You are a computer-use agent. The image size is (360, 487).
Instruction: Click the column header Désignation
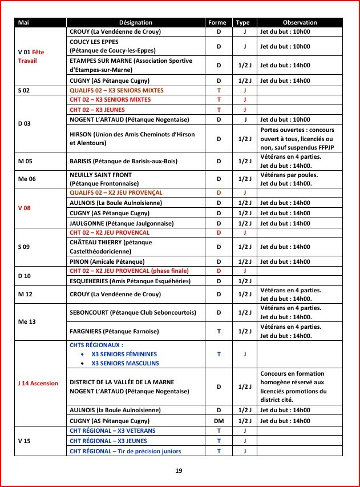(x=136, y=22)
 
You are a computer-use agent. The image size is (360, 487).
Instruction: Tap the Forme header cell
(x=218, y=22)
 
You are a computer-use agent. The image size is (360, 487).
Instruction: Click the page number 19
(x=180, y=470)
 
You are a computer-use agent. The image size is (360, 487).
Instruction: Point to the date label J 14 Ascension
(x=38, y=383)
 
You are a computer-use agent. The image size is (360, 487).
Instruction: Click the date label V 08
(x=25, y=208)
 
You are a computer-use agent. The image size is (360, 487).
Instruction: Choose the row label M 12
(x=25, y=294)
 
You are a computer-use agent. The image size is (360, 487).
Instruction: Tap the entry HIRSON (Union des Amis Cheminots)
(x=132, y=138)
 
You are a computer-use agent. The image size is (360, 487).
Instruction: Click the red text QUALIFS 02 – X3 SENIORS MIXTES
(x=116, y=90)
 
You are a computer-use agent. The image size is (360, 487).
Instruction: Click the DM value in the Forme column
(x=218, y=420)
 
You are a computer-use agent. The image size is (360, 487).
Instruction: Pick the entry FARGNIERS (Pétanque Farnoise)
(x=114, y=331)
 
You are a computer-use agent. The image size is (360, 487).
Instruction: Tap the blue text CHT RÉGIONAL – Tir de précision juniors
(x=125, y=451)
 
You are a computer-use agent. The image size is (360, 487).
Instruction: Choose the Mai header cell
(x=24, y=22)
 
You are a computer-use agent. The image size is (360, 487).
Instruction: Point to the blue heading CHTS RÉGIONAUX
(x=96, y=345)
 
